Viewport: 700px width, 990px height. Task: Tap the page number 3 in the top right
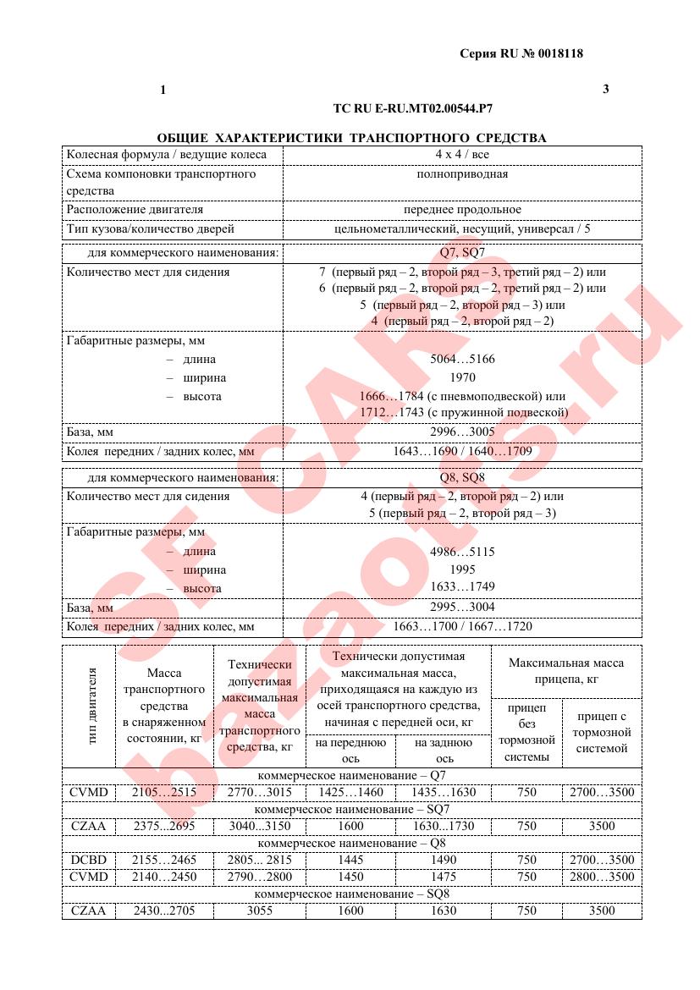click(605, 89)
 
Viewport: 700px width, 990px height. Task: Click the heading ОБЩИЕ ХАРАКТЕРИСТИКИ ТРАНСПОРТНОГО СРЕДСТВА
click(351, 137)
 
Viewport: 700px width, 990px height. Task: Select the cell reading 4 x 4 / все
click(462, 155)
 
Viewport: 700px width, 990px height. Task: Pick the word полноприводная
click(462, 173)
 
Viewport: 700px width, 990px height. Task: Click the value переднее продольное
click(462, 210)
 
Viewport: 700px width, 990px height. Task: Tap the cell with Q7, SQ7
click(462, 253)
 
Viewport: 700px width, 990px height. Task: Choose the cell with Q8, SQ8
click(462, 478)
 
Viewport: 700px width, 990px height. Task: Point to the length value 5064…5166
click(462, 360)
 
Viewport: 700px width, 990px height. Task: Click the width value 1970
click(462, 378)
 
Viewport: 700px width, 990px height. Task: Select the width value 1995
click(462, 569)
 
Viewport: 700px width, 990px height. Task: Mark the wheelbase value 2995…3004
click(462, 608)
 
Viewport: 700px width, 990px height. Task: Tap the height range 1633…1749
click(462, 587)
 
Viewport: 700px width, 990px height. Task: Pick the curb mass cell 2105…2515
click(164, 793)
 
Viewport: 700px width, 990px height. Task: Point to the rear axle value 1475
click(444, 877)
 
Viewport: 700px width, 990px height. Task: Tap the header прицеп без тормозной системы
click(526, 732)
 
